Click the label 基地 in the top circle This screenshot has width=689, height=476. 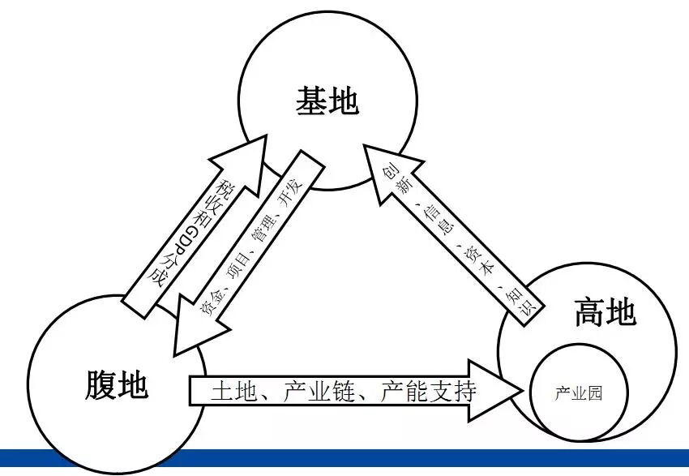coord(327,102)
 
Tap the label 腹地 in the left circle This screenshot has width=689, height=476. coord(117,384)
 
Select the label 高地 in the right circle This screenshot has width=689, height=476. coord(605,312)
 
